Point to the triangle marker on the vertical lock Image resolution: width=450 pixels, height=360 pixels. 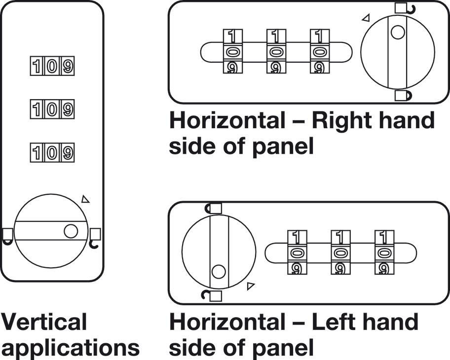pos(86,199)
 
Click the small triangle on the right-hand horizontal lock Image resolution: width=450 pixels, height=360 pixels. pos(366,18)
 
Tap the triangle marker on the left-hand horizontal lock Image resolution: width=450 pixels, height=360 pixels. pos(251,285)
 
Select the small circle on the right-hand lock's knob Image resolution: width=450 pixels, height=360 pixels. pos(397,33)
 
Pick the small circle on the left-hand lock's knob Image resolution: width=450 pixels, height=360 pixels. pos(219,271)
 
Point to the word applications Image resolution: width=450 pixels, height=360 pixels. pos(70,347)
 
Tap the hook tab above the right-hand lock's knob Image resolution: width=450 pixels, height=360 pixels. pos(403,8)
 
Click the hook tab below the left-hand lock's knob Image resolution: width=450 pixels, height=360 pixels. pos(213,295)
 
